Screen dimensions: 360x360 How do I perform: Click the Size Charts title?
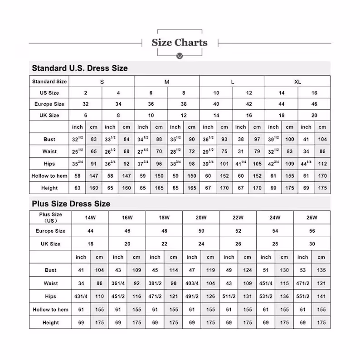click(x=180, y=43)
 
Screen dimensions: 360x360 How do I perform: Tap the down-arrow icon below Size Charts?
click(x=180, y=56)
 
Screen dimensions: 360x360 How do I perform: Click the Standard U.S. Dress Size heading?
click(x=79, y=68)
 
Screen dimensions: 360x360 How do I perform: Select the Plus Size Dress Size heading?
click(x=71, y=204)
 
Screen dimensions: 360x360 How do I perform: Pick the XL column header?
click(x=297, y=82)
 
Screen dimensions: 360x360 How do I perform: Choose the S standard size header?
click(x=102, y=82)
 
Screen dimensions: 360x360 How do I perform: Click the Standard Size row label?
click(x=49, y=82)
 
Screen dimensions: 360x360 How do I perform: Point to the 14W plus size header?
click(x=90, y=218)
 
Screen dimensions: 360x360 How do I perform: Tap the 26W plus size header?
click(x=312, y=218)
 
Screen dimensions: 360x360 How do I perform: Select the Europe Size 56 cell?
click(x=312, y=231)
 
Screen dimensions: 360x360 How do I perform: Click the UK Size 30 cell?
click(x=312, y=244)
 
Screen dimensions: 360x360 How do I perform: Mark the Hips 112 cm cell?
click(x=322, y=164)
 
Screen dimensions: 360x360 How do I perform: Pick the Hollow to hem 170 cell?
click(x=322, y=176)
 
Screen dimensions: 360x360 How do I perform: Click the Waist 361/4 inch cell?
click(x=118, y=283)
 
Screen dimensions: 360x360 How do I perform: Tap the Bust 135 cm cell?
click(x=321, y=270)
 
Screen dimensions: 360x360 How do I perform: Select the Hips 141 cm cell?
click(x=321, y=297)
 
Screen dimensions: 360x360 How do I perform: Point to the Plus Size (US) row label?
click(x=50, y=218)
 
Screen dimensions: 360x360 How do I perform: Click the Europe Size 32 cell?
click(x=86, y=104)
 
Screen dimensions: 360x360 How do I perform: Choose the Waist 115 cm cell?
click(x=284, y=283)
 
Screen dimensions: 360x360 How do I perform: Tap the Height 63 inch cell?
click(x=78, y=188)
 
